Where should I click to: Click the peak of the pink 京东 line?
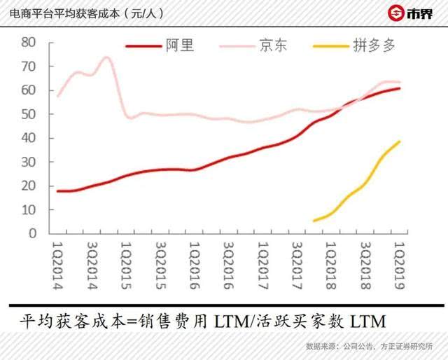106,57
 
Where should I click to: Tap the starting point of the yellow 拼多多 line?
314,221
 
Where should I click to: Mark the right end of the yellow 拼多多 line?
400,141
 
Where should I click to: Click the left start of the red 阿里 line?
57,191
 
